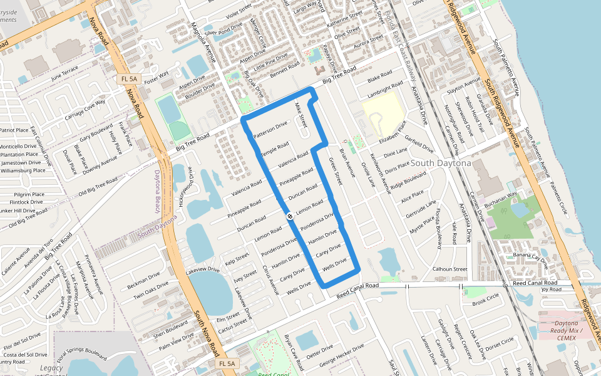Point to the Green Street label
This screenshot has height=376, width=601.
336,170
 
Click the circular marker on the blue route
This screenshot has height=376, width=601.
290,216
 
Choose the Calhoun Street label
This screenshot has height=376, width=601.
450,269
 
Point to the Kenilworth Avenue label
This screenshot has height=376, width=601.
381,173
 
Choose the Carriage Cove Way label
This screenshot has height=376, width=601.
86,112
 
